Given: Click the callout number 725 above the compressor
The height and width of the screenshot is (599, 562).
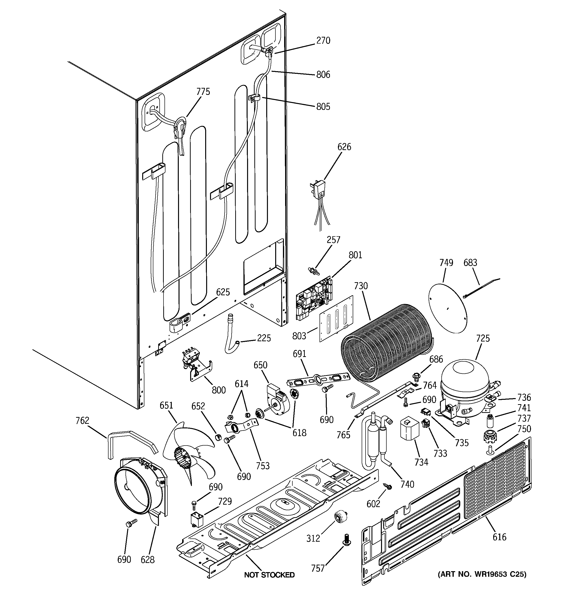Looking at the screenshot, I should click(x=483, y=338).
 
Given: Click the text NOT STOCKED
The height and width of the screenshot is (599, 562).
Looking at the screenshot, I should click(x=269, y=575).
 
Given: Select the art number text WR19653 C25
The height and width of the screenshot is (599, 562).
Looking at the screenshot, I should click(x=482, y=574).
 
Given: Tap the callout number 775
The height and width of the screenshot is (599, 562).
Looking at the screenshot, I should click(x=203, y=91).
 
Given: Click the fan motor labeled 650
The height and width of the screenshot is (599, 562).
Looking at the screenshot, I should click(x=276, y=398).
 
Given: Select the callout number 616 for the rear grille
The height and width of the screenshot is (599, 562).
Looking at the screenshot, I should click(x=499, y=537).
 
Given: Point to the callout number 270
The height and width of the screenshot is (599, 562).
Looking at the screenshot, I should click(x=323, y=40).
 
